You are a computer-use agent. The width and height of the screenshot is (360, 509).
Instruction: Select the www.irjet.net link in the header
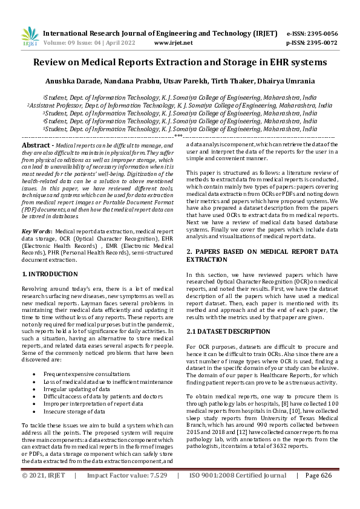coord(174,43)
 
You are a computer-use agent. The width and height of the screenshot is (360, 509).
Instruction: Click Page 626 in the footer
coord(319,493)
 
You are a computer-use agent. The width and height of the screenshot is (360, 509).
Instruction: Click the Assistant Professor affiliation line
coord(180,105)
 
